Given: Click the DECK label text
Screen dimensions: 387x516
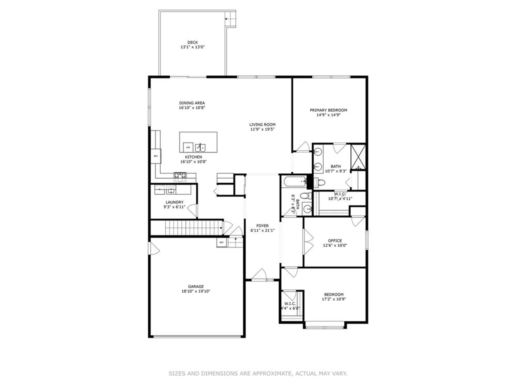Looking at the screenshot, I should pos(192,42).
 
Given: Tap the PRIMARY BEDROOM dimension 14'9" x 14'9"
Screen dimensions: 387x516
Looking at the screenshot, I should pos(328,115).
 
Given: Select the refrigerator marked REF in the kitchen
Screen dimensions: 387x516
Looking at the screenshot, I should pos(156,156).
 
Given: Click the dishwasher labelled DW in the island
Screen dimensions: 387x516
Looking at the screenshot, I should pos(188,148).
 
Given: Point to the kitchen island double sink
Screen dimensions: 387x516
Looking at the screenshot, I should pos(200,148).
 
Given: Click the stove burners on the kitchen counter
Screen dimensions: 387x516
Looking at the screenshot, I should pos(180,175).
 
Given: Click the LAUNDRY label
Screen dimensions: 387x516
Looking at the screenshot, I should pos(174,202).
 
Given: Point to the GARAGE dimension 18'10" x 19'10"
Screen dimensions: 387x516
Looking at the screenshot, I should pos(196,291).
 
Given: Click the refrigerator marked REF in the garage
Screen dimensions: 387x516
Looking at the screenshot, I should pos(221,243).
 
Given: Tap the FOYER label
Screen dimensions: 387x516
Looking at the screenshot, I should pos(262,226).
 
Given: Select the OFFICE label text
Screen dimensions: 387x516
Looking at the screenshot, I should pos(335,241).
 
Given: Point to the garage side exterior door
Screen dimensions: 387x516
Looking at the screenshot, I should pos(154,248).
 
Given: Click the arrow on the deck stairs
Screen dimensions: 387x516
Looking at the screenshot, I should pos(226,19).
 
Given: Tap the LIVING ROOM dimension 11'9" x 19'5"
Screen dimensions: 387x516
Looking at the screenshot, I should pos(262,129).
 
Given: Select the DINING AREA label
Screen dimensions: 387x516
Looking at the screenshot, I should pos(192,103).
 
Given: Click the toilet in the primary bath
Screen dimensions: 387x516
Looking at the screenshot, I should pos(320,183).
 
